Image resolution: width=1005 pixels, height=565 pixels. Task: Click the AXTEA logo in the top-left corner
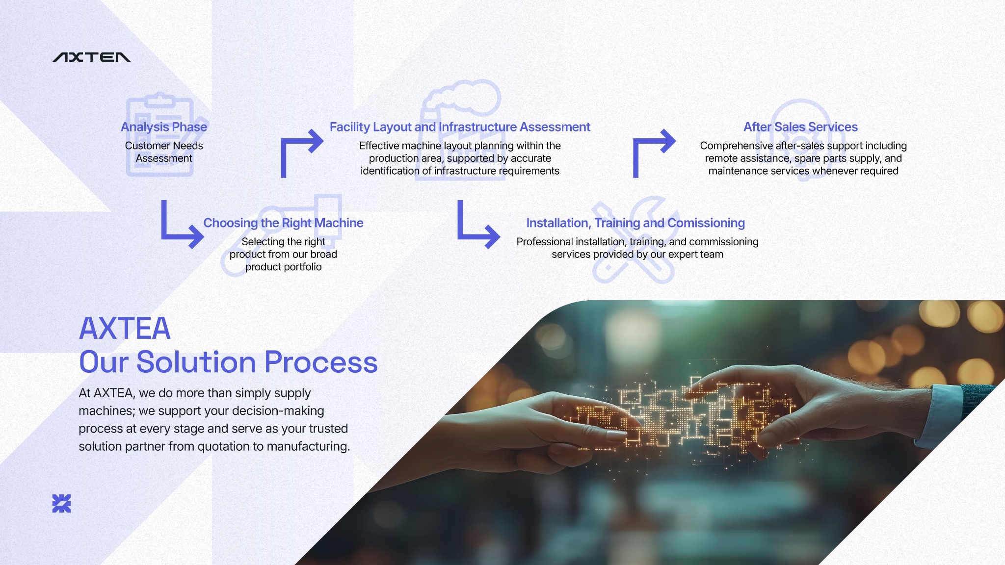pyautogui.click(x=91, y=57)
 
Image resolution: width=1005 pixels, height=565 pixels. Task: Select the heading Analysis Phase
pyautogui.click(x=164, y=127)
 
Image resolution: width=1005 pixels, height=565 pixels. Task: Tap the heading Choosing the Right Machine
pyautogui.click(x=283, y=223)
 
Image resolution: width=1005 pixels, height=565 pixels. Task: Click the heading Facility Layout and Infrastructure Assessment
pyautogui.click(x=460, y=127)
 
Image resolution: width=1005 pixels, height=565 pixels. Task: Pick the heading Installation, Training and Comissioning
pyautogui.click(x=635, y=223)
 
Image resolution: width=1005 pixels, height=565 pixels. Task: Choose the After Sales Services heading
pyautogui.click(x=800, y=127)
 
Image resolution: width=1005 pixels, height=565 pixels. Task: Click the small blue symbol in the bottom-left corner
pyautogui.click(x=61, y=504)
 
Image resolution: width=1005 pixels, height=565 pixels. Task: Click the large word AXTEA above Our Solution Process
pyautogui.click(x=125, y=328)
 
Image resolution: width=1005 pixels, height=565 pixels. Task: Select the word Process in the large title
pyautogui.click(x=321, y=362)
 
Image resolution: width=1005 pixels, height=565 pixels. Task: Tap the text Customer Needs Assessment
pyautogui.click(x=164, y=152)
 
